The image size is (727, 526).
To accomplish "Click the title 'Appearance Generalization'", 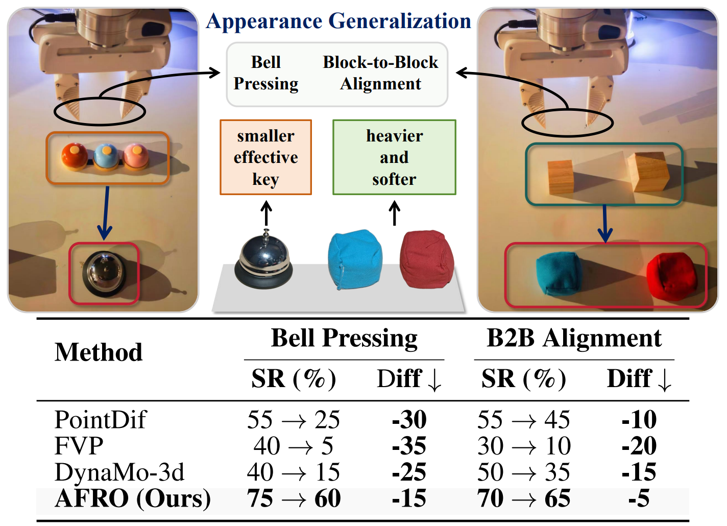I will click(338, 21).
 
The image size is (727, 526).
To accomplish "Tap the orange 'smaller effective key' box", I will click(265, 157).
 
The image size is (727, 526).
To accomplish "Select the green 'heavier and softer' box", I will click(394, 157).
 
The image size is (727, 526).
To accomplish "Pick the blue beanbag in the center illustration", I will click(355, 259).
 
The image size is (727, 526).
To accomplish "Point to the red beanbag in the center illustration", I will click(426, 259).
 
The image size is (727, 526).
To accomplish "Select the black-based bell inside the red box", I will click(104, 274).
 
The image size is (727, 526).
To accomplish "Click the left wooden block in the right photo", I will click(561, 177).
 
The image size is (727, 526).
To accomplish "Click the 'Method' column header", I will click(99, 352).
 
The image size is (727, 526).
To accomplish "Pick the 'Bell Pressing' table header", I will click(344, 338).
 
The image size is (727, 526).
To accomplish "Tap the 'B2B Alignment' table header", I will click(574, 338).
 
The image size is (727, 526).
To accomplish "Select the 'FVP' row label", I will click(79, 446).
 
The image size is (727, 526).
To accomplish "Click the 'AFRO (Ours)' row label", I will click(133, 498).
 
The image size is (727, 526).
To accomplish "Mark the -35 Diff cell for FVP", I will click(409, 446).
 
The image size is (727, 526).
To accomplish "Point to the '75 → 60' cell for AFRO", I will click(294, 498).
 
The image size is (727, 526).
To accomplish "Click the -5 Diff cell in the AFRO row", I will click(639, 498).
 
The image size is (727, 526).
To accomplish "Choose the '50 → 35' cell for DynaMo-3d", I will click(523, 472).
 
